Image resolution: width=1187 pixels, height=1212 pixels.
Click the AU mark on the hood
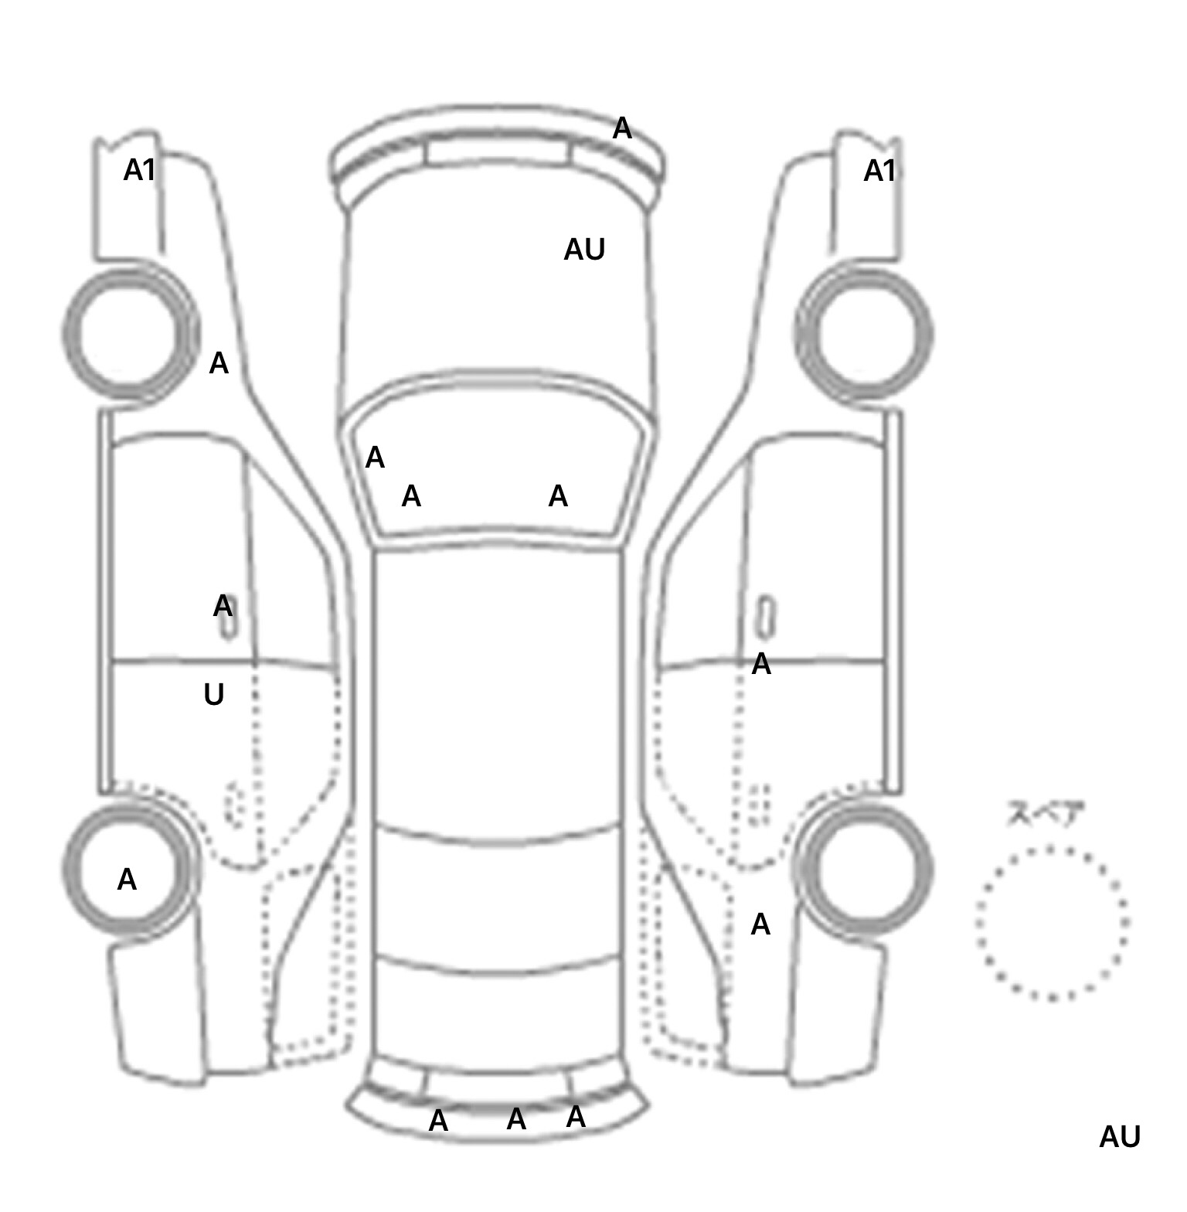pyautogui.click(x=584, y=250)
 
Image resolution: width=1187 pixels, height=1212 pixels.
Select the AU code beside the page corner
pyautogui.click(x=1119, y=1137)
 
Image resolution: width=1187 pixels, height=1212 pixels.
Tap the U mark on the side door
pyautogui.click(x=214, y=695)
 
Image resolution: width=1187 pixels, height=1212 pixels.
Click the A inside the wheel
pyautogui.click(x=127, y=880)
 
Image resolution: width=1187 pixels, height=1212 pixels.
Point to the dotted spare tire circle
pyautogui.click(x=1052, y=923)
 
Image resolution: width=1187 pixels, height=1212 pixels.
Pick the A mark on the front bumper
pyautogui.click(x=622, y=129)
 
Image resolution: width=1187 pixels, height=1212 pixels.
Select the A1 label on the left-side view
pyautogui.click(x=140, y=170)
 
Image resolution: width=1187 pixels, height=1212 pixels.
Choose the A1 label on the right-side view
pyautogui.click(x=879, y=171)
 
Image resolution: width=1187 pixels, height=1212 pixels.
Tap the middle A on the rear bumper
pyautogui.click(x=516, y=1119)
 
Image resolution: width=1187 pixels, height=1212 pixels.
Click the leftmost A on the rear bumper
pyautogui.click(x=438, y=1121)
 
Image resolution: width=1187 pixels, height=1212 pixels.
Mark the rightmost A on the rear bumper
pyautogui.click(x=576, y=1117)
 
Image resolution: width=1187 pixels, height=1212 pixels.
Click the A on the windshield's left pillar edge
pyautogui.click(x=375, y=458)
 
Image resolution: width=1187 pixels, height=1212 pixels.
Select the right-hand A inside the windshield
pyautogui.click(x=558, y=496)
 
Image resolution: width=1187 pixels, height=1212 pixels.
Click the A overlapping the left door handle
pyautogui.click(x=223, y=607)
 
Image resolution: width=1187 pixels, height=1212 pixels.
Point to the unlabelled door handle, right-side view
pyautogui.click(x=765, y=618)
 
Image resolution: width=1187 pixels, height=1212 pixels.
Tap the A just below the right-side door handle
pyautogui.click(x=761, y=664)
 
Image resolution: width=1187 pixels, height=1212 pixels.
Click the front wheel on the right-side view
pyautogui.click(x=864, y=334)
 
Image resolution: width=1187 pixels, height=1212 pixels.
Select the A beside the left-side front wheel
pyautogui.click(x=219, y=363)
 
